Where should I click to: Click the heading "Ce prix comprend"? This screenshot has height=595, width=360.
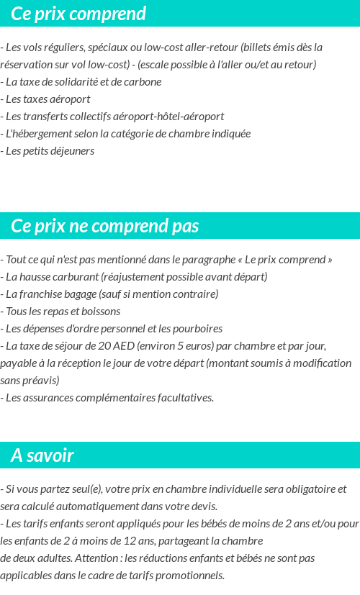click(78, 14)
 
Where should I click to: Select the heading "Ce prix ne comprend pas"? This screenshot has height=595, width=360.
click(104, 226)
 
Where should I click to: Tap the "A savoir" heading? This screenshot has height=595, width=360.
click(42, 455)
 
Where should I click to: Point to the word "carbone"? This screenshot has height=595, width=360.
click(143, 81)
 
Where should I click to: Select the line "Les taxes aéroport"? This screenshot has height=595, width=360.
click(48, 99)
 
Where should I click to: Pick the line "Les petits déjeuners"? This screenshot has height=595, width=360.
click(50, 150)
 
